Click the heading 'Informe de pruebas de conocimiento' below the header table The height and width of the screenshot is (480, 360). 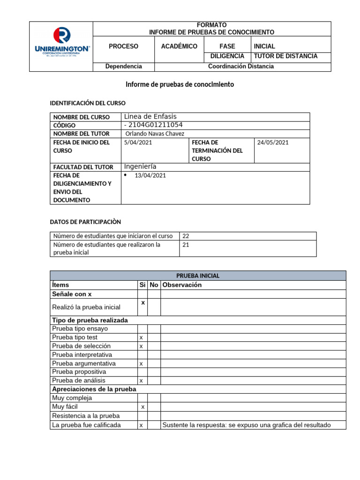[180, 85]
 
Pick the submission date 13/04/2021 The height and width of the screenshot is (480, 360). [150, 176]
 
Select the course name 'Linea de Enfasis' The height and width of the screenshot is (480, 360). [150, 117]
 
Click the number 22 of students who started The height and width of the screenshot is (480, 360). [186, 236]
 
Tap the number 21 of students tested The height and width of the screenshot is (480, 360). [186, 245]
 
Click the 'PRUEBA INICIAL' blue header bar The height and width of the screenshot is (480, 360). [198, 276]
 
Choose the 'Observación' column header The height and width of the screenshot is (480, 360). [182, 285]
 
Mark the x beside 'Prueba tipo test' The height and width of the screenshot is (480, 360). [141, 337]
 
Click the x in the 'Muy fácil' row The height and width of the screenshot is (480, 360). [143, 407]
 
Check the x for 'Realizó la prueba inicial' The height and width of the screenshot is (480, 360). [143, 303]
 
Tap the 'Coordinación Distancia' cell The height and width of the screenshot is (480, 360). [241, 67]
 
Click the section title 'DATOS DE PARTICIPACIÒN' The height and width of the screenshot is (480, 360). [85, 222]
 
